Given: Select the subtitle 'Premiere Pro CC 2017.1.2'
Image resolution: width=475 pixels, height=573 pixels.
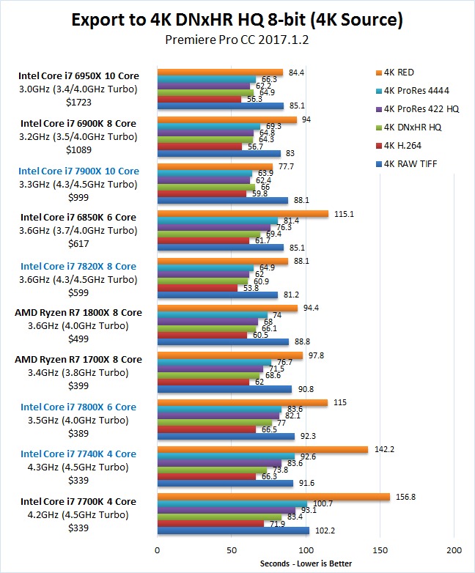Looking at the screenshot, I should pos(237,40).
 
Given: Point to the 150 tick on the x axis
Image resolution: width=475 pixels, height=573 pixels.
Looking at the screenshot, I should pos(380,550).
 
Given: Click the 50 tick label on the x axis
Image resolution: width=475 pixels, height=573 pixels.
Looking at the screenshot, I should pos(232,550).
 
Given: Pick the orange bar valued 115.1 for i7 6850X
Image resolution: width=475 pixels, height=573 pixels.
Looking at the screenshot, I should pos(243,214).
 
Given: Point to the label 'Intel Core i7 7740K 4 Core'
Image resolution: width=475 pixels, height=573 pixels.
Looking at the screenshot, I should pos(78,454).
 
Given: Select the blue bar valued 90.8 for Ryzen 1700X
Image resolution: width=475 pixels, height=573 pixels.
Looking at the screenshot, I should pos(224,389).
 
